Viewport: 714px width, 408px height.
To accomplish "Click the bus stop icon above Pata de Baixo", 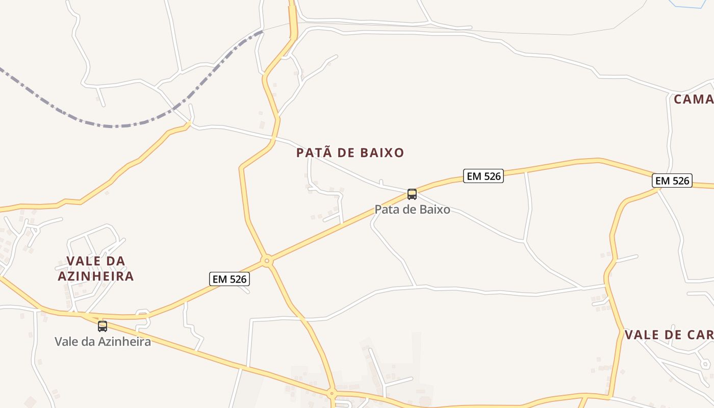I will pyautogui.click(x=412, y=194).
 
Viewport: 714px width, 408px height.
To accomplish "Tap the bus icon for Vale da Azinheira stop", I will pyautogui.click(x=103, y=326).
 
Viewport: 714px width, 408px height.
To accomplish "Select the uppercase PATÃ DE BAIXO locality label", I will pyautogui.click(x=350, y=152).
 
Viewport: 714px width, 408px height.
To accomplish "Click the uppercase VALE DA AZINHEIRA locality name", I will pyautogui.click(x=96, y=269).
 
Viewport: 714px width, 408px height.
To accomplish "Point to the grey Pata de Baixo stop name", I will pyautogui.click(x=412, y=209).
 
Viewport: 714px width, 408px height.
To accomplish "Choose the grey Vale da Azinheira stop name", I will pyautogui.click(x=103, y=342).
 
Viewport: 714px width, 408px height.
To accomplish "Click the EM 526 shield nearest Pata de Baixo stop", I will pyautogui.click(x=483, y=176).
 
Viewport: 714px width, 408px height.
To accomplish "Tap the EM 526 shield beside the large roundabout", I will pyautogui.click(x=229, y=279).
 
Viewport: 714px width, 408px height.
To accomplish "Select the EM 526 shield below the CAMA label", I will pyautogui.click(x=672, y=181).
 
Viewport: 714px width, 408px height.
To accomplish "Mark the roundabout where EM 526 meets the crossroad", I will pyautogui.click(x=266, y=261).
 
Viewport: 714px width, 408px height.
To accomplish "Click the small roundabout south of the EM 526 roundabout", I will pyautogui.click(x=331, y=393).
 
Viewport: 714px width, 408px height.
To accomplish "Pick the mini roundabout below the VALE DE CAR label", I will pyautogui.click(x=705, y=364).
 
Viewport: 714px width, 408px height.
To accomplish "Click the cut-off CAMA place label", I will pyautogui.click(x=693, y=99).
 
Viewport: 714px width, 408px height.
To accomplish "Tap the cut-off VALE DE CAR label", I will pyautogui.click(x=669, y=335).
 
